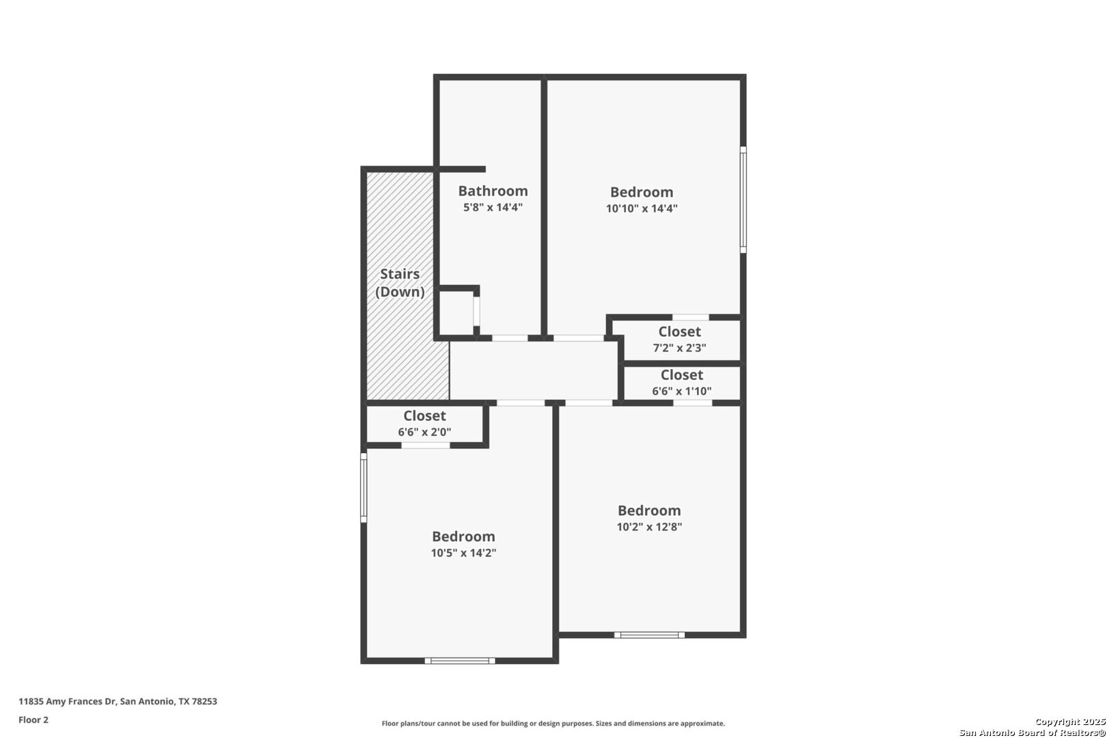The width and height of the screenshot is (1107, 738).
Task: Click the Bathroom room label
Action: tap(493, 191)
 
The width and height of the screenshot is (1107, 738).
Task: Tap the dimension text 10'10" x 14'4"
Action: tap(642, 208)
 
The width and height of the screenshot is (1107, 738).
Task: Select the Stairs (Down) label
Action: tap(400, 283)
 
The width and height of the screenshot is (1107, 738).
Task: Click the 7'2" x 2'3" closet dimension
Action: tap(679, 348)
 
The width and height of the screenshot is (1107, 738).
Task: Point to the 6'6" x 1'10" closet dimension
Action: tap(681, 391)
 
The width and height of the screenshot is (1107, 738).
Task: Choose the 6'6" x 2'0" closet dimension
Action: tap(424, 432)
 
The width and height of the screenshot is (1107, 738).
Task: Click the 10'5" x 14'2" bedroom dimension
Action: tap(463, 553)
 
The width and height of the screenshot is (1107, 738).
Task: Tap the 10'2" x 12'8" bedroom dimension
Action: tap(649, 526)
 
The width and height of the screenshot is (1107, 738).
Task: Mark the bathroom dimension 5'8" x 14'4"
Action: tap(493, 207)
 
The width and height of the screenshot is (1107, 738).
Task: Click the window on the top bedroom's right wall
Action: tap(743, 200)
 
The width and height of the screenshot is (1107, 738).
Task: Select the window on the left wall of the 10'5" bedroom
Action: tap(364, 487)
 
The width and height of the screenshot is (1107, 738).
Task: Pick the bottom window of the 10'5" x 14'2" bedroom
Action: tap(460, 661)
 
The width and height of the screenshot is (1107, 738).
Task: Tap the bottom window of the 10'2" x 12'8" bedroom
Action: tap(649, 635)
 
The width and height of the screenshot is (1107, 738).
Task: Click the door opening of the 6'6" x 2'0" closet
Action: tap(426, 446)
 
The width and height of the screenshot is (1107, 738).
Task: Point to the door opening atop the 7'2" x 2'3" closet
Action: tap(690, 317)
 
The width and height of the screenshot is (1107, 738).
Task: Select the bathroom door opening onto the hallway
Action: tap(510, 338)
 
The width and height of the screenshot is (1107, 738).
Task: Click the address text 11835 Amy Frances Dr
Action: tap(67, 701)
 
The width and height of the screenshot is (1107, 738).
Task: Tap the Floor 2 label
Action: tap(33, 720)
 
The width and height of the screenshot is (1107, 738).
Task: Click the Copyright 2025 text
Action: tap(1070, 722)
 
